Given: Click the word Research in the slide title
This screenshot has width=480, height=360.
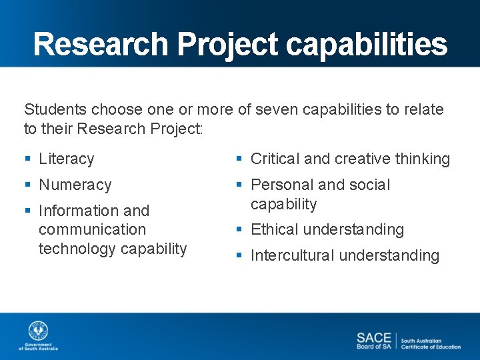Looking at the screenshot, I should tap(101, 45).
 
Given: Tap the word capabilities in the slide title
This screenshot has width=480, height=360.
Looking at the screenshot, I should tap(367, 45).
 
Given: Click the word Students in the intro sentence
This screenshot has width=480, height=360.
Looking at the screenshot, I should tap(54, 109).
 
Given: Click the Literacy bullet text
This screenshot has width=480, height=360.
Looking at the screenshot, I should tap(66, 159).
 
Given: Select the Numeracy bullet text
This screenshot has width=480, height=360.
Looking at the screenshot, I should tap(75, 185).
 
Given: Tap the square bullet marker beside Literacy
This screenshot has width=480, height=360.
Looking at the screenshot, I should tap(27, 159).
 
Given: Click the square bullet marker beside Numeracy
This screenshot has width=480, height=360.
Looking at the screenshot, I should tap(27, 185).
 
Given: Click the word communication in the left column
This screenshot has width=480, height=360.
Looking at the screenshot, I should tap(92, 229).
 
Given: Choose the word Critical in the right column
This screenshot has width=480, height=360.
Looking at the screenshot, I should tap(275, 159).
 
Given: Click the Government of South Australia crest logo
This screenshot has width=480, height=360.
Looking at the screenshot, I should tap(38, 331).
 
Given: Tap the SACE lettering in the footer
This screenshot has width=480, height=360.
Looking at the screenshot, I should tap(373, 337).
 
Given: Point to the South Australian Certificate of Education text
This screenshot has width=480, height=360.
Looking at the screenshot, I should tap(430, 343).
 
